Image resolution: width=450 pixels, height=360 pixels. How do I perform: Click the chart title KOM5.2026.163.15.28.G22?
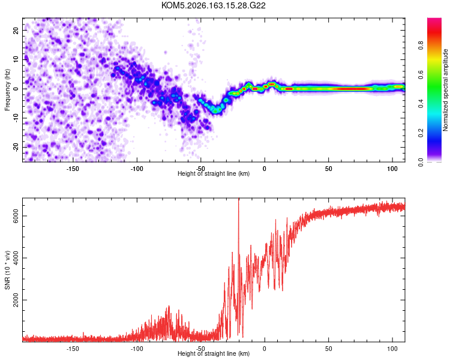pyautogui.click(x=213, y=5)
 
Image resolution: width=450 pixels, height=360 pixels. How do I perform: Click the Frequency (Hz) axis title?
pyautogui.click(x=7, y=89)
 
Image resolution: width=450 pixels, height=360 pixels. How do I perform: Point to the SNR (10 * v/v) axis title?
pyautogui.click(x=7, y=270)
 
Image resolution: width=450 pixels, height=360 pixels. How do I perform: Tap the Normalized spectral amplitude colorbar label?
pyautogui.click(x=445, y=90)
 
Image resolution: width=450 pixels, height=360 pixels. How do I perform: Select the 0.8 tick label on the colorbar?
pyautogui.click(x=421, y=45)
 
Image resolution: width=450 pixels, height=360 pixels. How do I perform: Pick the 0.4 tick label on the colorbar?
pyautogui.click(x=421, y=104)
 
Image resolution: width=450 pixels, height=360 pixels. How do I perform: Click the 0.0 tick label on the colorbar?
pyautogui.click(x=421, y=162)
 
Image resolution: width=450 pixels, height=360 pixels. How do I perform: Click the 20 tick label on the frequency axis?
pyautogui.click(x=16, y=30)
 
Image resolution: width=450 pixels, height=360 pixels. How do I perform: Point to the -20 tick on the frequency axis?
pyautogui.click(x=16, y=147)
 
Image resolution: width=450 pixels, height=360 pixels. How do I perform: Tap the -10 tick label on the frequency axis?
pyautogui.click(x=16, y=118)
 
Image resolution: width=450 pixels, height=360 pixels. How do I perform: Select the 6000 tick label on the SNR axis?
pyautogui.click(x=16, y=216)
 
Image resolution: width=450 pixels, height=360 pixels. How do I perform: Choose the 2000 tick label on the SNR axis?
pyautogui.click(x=16, y=300)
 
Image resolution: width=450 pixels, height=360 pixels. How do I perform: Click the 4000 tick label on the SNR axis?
pyautogui.click(x=16, y=258)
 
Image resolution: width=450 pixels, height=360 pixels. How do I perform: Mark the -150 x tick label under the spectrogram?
pyautogui.click(x=73, y=169)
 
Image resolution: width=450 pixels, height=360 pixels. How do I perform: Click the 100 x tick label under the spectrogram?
pyautogui.click(x=392, y=169)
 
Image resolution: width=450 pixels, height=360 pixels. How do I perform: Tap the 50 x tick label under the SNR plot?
pyautogui.click(x=329, y=349)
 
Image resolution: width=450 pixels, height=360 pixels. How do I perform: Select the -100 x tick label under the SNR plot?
pyautogui.click(x=137, y=349)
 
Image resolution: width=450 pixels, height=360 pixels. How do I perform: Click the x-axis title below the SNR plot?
pyautogui.click(x=214, y=353)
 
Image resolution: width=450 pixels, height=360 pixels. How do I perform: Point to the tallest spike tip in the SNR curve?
pyautogui.click(x=238, y=199)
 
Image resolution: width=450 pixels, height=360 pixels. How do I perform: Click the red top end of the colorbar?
pyautogui.click(x=434, y=19)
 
